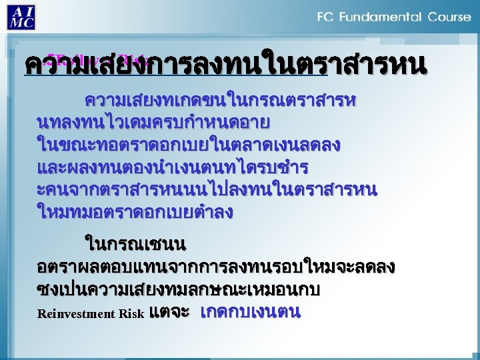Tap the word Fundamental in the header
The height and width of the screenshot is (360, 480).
381,17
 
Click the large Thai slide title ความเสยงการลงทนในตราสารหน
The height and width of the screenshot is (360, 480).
224,66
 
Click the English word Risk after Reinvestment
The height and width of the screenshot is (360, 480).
133,313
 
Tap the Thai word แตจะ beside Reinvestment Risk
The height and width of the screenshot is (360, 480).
169,311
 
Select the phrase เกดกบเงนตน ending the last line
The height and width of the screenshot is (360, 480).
251,311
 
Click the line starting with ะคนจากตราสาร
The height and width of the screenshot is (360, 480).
207,191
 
